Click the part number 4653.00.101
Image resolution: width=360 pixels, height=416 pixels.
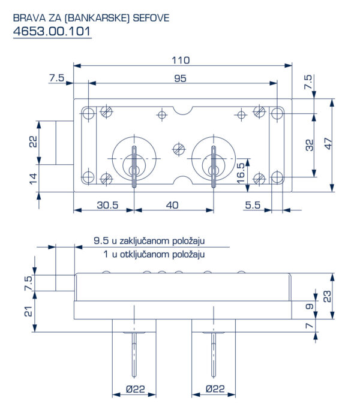coord(52,31)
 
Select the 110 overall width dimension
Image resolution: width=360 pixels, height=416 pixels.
coord(181,60)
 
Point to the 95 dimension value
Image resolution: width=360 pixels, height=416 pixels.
coord(180,79)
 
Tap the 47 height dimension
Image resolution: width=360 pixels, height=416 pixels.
coord(328,143)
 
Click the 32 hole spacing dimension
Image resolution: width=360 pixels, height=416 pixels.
coord(309,145)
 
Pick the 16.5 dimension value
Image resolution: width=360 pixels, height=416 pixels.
coord(241,173)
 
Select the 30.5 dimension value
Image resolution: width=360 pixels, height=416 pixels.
coord(107,205)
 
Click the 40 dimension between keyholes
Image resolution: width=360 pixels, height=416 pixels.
coord(172,205)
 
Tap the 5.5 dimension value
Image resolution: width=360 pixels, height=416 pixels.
coord(253,205)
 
